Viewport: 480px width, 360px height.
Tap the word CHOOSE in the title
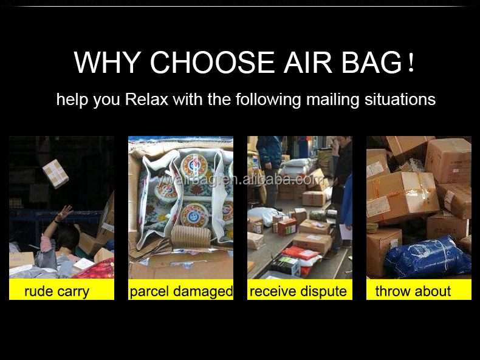[213, 63]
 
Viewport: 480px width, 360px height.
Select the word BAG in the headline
[372, 63]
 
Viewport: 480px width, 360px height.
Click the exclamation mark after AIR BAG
[411, 63]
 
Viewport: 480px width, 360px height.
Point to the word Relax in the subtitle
[146, 100]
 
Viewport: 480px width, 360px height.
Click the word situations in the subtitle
[400, 100]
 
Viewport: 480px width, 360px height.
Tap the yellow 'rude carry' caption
[61, 290]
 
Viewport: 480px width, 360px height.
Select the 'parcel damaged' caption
[180, 290]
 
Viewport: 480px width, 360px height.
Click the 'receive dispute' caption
[300, 290]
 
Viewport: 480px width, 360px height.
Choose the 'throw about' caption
[419, 290]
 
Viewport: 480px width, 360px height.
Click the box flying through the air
[55, 174]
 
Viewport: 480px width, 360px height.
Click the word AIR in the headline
[308, 63]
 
